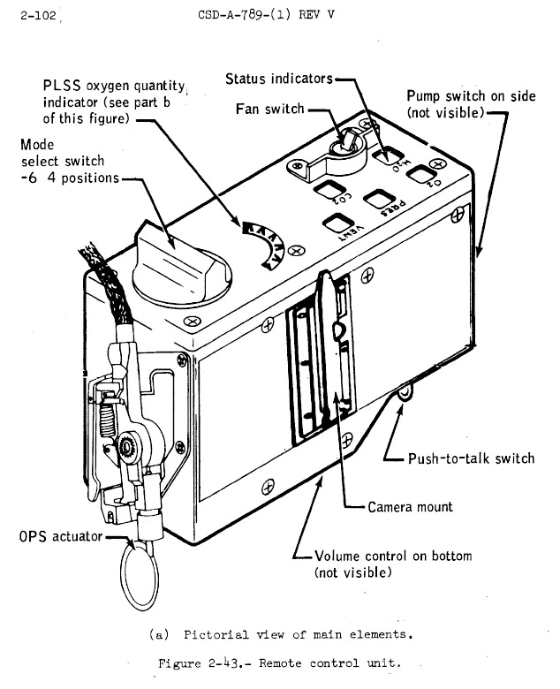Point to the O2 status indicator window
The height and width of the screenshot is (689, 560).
point(418,172)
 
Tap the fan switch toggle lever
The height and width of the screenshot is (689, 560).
point(348,139)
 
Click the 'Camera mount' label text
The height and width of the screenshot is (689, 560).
point(410,507)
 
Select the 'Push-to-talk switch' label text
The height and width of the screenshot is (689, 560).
point(471,458)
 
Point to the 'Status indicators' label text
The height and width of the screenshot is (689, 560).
point(278,79)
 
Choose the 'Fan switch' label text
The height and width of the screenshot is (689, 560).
point(269,109)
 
